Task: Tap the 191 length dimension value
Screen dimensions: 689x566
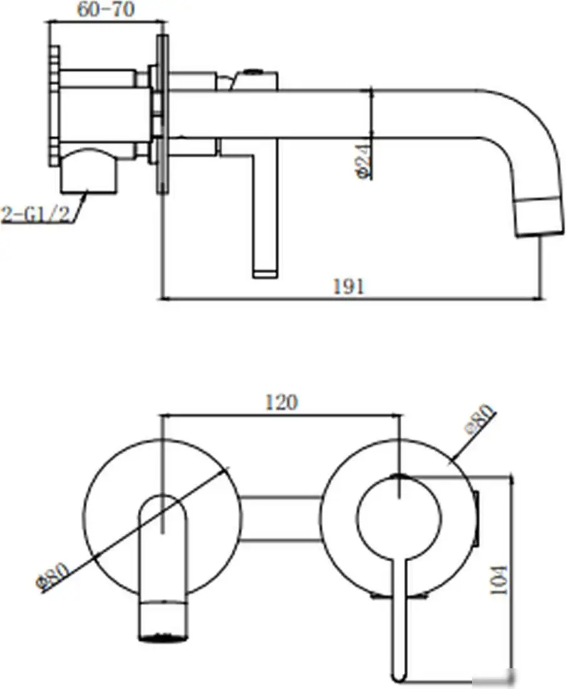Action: [x=349, y=286]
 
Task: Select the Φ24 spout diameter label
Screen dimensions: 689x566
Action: [x=361, y=162]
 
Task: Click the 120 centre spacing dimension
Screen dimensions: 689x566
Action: [x=280, y=402]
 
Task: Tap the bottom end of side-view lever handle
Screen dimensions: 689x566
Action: [x=265, y=272]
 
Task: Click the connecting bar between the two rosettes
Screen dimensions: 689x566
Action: [x=282, y=517]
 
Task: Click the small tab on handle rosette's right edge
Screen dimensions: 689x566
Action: [x=478, y=517]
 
